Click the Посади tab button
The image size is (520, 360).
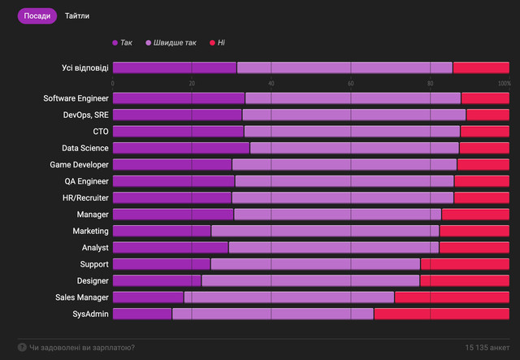tap(37, 16)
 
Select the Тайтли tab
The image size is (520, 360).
tap(77, 16)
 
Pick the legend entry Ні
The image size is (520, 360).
tap(217, 42)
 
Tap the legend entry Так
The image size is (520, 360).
tap(122, 42)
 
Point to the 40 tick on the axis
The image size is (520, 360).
tap(271, 83)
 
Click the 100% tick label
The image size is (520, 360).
tap(504, 83)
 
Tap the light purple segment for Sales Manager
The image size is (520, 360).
tap(288, 297)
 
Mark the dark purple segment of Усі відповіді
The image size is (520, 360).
tap(174, 67)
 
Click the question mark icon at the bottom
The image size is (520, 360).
tap(22, 348)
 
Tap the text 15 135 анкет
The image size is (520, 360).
tap(487, 348)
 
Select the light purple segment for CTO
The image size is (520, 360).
tap(352, 131)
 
